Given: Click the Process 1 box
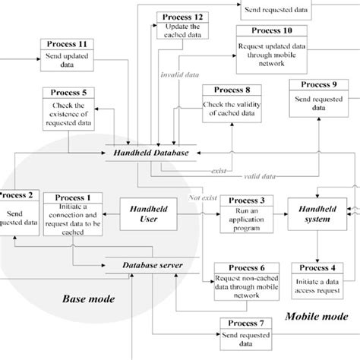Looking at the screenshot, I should pyautogui.click(x=73, y=215).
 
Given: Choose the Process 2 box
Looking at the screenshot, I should pyautogui.click(x=16, y=215).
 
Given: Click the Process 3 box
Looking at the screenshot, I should pyautogui.click(x=241, y=210).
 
